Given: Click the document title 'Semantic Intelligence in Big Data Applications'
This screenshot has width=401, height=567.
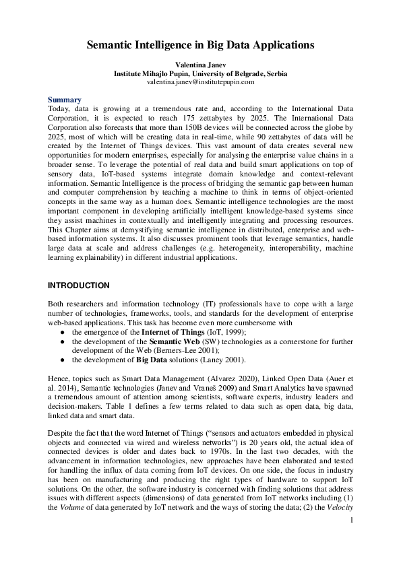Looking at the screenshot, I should [x=200, y=46].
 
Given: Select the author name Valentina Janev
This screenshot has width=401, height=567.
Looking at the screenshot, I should [x=200, y=65].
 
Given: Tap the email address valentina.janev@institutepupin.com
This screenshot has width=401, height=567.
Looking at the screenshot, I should [x=200, y=81].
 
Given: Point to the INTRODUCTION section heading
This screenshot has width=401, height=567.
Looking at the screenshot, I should [x=78, y=286].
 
